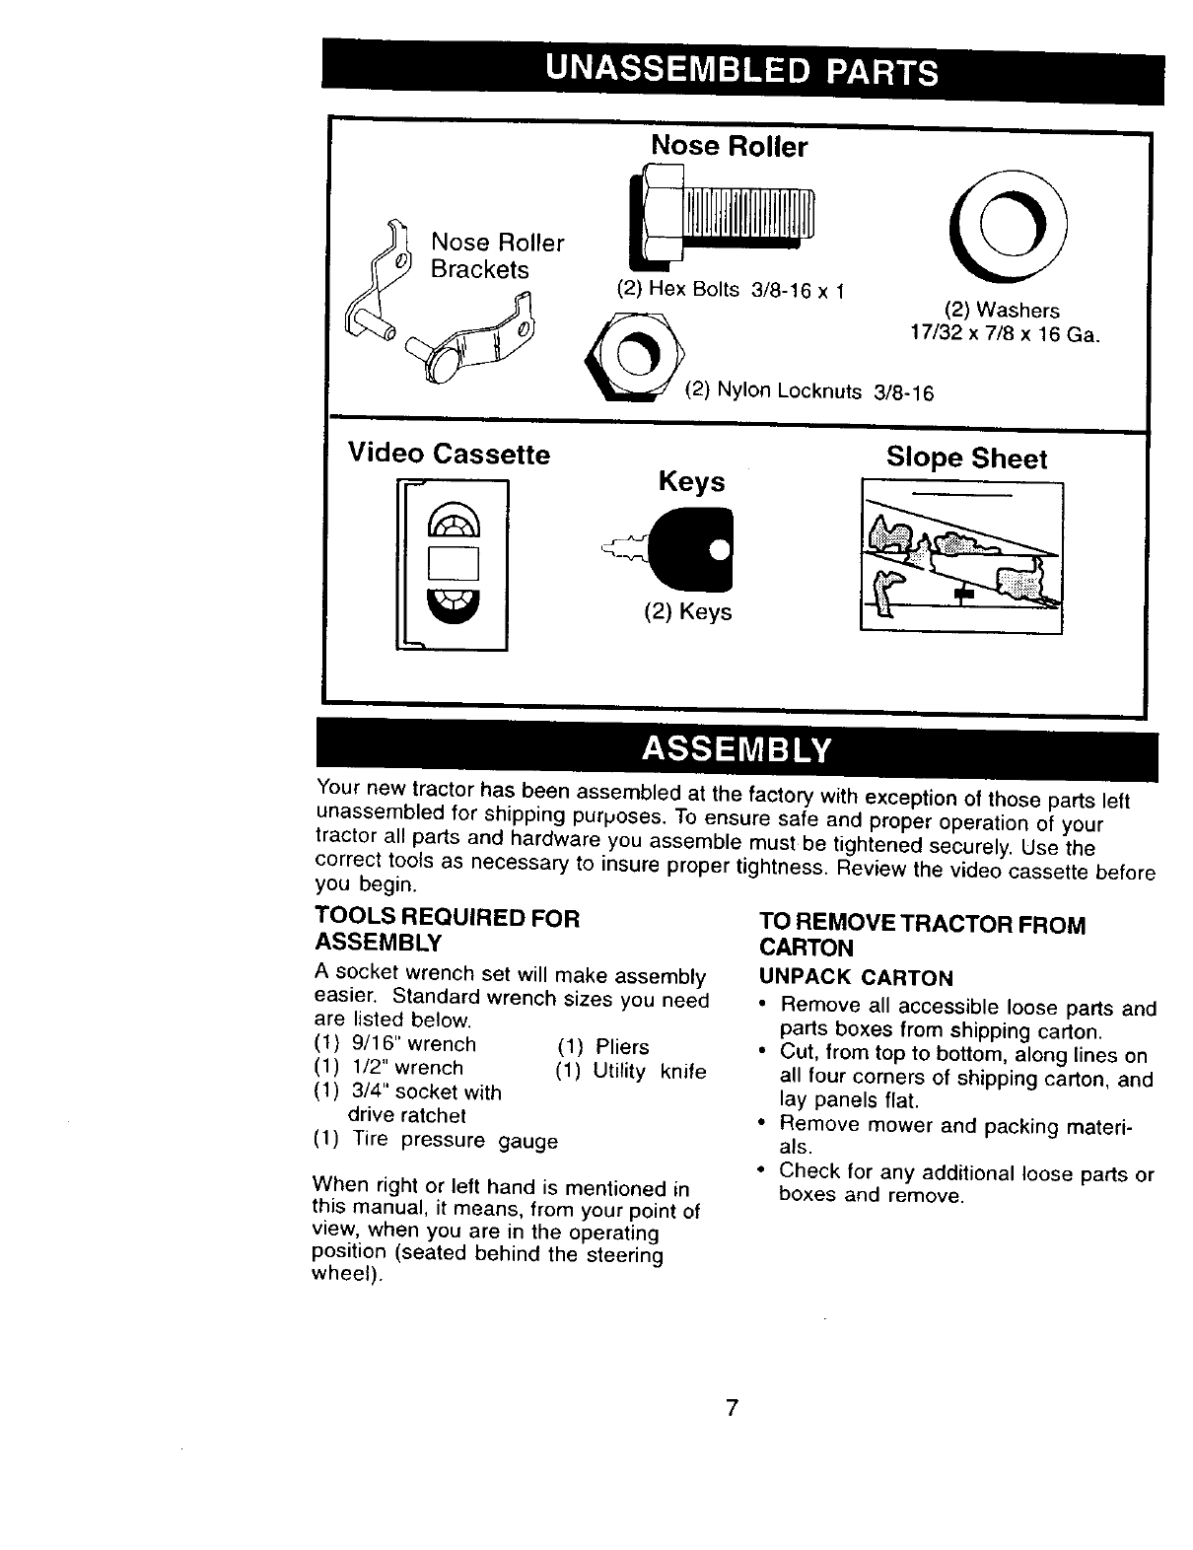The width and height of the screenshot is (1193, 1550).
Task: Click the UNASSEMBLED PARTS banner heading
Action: point(740,69)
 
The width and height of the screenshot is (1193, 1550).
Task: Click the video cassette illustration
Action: point(453,563)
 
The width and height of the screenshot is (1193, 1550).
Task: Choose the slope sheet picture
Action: point(961,557)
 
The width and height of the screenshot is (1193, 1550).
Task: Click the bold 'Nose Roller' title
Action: point(730,147)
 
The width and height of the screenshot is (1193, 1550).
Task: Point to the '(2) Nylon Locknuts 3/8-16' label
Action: point(808,390)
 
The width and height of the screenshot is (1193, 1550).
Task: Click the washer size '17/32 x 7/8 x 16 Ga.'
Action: point(1005,333)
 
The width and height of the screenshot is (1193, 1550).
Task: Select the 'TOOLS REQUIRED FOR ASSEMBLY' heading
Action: point(446,930)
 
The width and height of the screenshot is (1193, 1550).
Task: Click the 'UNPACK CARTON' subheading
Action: point(855,978)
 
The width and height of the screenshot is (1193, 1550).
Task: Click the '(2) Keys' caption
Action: point(687,612)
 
